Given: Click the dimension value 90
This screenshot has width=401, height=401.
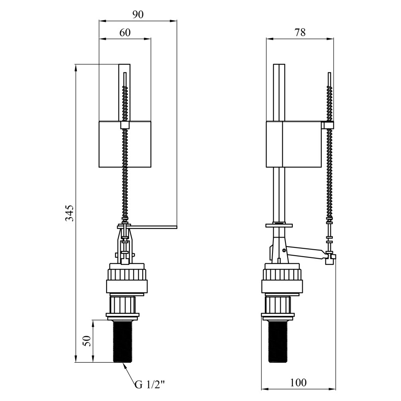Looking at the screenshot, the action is coord(138,15).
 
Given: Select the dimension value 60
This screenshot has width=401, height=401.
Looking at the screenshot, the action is coord(125,32).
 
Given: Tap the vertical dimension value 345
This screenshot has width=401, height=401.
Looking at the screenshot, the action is coord(69,213).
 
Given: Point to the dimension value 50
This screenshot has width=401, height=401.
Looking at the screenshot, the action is coord(88,341).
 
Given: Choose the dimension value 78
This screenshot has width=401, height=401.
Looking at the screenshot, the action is coord(300,32).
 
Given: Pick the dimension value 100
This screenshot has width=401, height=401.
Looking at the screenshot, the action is coord(298,382).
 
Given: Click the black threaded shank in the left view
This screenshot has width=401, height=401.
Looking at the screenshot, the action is coord(122,341).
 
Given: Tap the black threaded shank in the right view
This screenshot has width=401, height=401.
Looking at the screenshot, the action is coord(278,341).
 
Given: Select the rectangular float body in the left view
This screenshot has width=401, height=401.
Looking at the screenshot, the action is coord(125,144).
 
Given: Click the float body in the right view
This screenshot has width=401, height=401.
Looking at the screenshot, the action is coord(294,144).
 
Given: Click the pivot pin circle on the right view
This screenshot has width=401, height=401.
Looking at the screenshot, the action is coord(284,250).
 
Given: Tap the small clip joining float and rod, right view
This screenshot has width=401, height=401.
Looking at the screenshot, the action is coord(328,125).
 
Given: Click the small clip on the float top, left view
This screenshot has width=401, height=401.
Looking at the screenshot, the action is coord(125,125).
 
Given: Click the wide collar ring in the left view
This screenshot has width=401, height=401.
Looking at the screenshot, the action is coord(127,286).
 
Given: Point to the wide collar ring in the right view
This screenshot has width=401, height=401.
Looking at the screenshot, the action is coord(282,286).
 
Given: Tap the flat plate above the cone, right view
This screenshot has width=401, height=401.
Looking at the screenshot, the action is coord(279,226).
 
